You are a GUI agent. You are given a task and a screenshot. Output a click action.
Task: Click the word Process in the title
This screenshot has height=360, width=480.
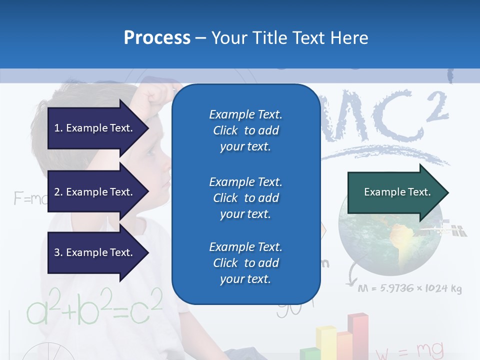pyautogui.click(x=157, y=38)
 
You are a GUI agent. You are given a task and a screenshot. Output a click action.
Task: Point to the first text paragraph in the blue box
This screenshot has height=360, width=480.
pyautogui.click(x=245, y=130)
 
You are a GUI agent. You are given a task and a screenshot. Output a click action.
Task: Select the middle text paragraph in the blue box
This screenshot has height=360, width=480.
pyautogui.click(x=245, y=198)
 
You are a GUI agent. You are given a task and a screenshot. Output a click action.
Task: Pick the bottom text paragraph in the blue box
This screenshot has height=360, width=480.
pyautogui.click(x=245, y=263)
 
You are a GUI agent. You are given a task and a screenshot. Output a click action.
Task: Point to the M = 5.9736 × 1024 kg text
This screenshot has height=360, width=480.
pyautogui.click(x=409, y=289)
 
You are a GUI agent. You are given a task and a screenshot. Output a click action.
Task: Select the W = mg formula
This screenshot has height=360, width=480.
pyautogui.click(x=409, y=350)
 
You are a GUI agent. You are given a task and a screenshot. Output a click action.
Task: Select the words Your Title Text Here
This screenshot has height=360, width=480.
pyautogui.click(x=290, y=38)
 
